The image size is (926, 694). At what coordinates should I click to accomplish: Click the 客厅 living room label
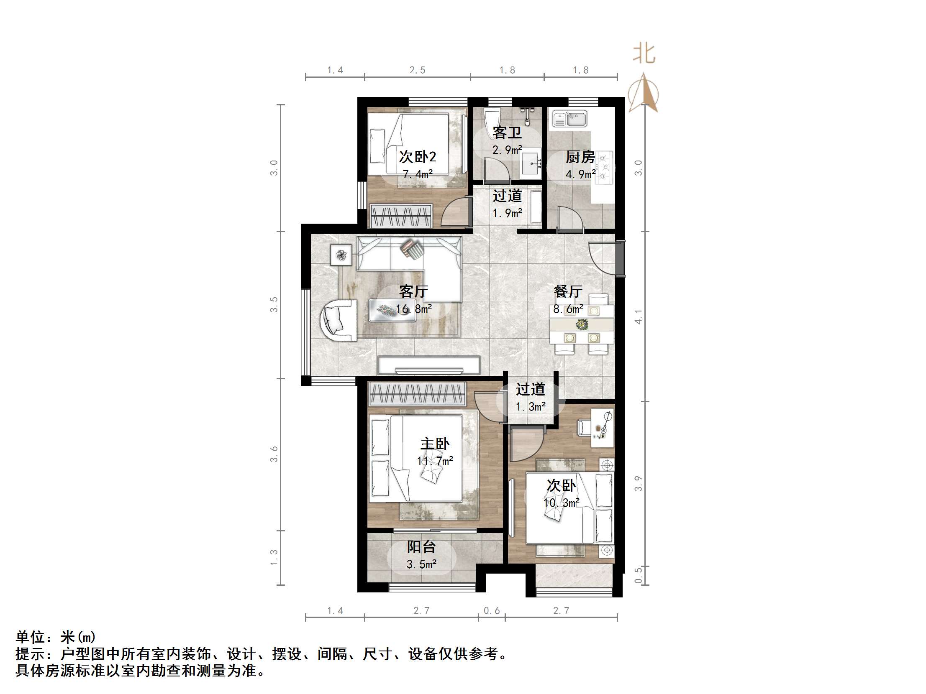click(x=413, y=291)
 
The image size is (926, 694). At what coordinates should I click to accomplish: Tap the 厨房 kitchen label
click(x=580, y=157)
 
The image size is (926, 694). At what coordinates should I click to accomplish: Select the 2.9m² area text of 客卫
click(x=507, y=150)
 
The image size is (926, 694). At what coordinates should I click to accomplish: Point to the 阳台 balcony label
click(x=421, y=547)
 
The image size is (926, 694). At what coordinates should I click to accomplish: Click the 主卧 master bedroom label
click(x=435, y=444)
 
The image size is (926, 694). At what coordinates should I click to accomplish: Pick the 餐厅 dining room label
click(x=568, y=291)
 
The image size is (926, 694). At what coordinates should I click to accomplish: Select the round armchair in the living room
click(x=338, y=320)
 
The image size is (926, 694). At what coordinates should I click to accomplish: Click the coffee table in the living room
click(x=392, y=310)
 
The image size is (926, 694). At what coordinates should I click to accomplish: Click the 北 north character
click(x=644, y=54)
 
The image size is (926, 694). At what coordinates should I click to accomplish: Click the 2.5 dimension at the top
click(x=417, y=70)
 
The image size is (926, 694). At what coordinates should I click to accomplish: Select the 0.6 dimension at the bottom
click(x=492, y=611)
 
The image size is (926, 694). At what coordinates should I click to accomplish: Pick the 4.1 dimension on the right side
click(x=638, y=316)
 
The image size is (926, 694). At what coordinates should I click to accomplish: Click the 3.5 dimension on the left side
click(x=274, y=304)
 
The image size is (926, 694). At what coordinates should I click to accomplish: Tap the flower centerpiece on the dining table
click(x=582, y=324)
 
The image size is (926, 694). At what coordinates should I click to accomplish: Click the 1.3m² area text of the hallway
click(x=531, y=407)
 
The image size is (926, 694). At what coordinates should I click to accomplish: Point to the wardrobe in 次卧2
click(x=401, y=216)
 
